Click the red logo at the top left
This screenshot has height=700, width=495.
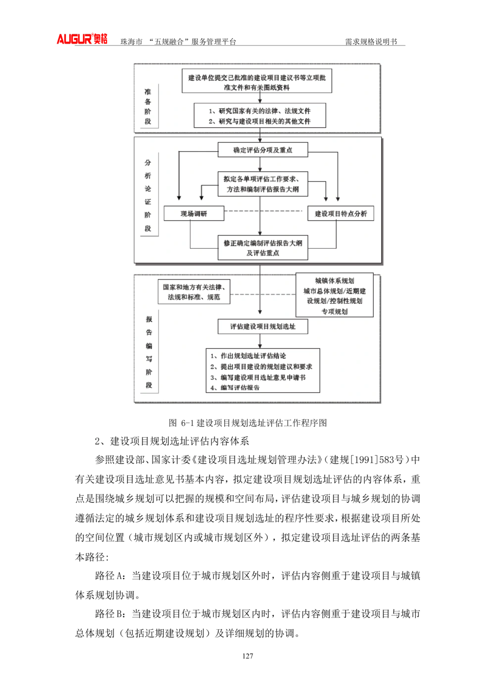[x=83, y=39]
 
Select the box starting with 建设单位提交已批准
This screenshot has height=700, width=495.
[x=257, y=82]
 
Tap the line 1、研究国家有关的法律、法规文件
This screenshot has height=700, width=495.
[x=259, y=111]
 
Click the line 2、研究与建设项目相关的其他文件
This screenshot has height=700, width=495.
[x=259, y=121]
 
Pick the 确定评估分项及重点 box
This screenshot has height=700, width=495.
[x=263, y=150]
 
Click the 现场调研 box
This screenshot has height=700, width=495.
[x=194, y=214]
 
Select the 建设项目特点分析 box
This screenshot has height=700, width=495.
[x=341, y=214]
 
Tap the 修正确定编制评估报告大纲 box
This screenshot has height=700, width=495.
[x=263, y=247]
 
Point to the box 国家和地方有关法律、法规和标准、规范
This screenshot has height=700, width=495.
[x=194, y=292]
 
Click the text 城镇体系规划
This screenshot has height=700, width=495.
[x=335, y=280]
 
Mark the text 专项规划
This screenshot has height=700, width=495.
[x=335, y=311]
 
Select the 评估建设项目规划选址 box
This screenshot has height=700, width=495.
[x=263, y=327]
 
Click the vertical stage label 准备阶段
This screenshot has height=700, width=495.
[x=148, y=106]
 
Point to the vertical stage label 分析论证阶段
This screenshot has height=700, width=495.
[x=148, y=195]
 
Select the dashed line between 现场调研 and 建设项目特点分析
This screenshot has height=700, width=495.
[x=263, y=212]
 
